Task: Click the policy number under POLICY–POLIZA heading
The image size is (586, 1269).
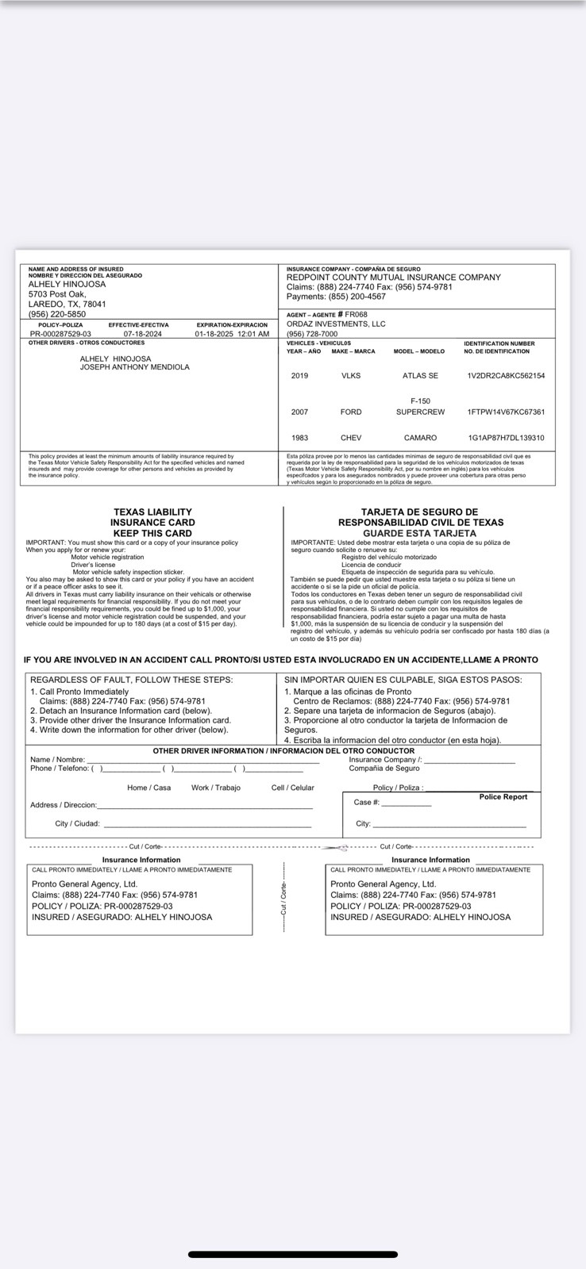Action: [x=60, y=334]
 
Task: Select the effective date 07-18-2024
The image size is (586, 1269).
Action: [x=142, y=334]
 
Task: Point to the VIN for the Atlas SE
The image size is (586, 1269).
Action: [x=506, y=376]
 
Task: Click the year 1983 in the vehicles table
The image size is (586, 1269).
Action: [x=299, y=438]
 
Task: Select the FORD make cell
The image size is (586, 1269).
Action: [x=350, y=412]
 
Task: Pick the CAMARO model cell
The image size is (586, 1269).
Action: [x=420, y=438]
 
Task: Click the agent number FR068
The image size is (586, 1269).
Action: [x=357, y=315]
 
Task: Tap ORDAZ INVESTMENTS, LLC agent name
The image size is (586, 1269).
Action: [x=336, y=324]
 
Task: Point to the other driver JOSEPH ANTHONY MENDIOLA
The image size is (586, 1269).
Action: [x=134, y=367]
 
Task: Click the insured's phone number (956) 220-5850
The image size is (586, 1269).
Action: [x=57, y=314]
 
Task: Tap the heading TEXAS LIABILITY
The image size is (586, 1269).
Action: [x=152, y=512]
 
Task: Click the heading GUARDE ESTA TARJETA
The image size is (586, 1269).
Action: [x=419, y=533]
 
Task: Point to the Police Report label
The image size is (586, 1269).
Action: [x=503, y=797]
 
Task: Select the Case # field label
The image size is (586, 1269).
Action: [x=367, y=803]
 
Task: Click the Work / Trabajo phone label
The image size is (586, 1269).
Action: [x=215, y=788]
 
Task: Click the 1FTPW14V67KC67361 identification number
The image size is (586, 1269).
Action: [x=506, y=412]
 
